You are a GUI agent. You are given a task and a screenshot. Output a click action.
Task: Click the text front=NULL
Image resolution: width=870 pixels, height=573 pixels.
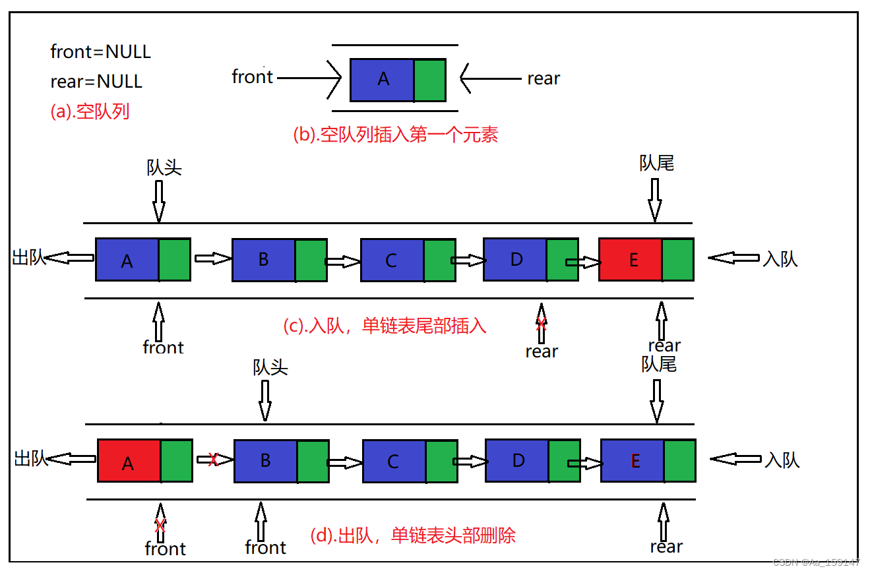pos(100,51)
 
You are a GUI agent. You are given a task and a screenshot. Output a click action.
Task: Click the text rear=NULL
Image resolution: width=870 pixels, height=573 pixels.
pos(96,81)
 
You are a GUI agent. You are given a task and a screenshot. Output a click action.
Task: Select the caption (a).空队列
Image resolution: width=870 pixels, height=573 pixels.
pos(90,111)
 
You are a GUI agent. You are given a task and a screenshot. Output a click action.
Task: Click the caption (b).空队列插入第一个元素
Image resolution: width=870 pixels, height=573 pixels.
pos(395,135)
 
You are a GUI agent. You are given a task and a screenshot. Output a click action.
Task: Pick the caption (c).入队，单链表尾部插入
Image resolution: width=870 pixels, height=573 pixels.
pos(385,325)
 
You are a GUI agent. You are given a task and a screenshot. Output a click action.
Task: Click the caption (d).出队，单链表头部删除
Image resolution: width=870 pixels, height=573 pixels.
pos(412,535)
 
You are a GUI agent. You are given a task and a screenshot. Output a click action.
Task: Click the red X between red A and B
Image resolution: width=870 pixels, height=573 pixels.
pos(213,460)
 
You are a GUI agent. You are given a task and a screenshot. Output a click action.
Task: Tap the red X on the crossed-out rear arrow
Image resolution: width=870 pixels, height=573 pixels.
pos(541,324)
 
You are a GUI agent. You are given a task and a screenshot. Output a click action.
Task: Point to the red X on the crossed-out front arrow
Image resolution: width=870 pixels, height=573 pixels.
pos(160,526)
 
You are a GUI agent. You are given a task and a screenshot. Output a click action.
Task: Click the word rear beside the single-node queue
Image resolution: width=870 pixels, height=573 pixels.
pos(544,78)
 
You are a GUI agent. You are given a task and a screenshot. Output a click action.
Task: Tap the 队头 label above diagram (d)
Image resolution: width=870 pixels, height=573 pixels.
pos(270,367)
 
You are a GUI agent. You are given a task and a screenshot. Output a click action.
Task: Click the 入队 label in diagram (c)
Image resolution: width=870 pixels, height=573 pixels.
pos(780,259)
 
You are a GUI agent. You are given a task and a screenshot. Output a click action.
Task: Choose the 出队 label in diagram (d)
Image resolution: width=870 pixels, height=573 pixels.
pos(31,458)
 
